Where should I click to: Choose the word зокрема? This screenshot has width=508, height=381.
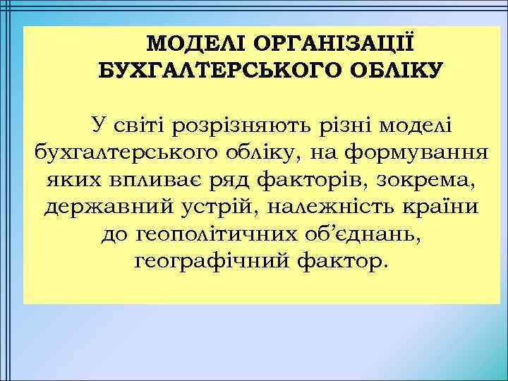coord(422,180)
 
